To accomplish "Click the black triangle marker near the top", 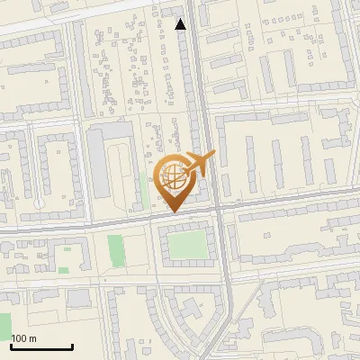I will pyautogui.click(x=182, y=24).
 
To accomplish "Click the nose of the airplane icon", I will pyautogui.click(x=213, y=155).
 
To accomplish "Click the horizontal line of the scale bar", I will pyautogui.click(x=41, y=346).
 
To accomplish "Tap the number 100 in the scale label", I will pyautogui.click(x=19, y=338).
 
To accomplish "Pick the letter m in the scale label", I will pyautogui.click(x=32, y=338).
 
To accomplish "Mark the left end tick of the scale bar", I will pyautogui.click(x=11, y=345).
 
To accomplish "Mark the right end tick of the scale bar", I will pyautogui.click(x=72, y=345).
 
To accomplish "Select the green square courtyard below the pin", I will pyautogui.click(x=187, y=244).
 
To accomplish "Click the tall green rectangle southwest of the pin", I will pyautogui.click(x=115, y=249).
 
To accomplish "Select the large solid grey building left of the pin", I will pyautogui.click(x=98, y=162).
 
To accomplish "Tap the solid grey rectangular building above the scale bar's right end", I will pyautogui.click(x=78, y=298).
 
